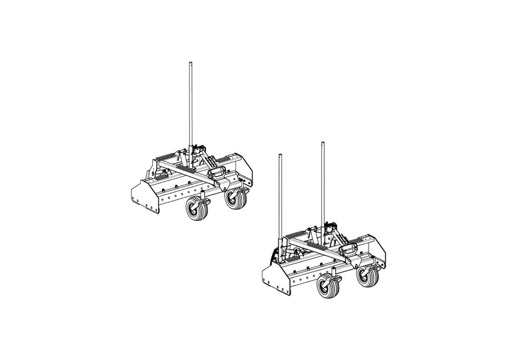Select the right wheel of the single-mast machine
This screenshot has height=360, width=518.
click(x=235, y=199)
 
